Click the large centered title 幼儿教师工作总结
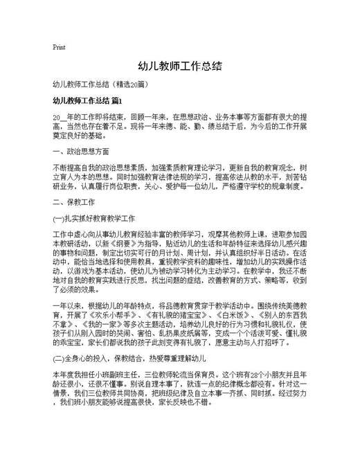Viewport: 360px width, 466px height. pos(179,67)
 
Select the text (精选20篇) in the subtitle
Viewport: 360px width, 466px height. pos(134,85)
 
